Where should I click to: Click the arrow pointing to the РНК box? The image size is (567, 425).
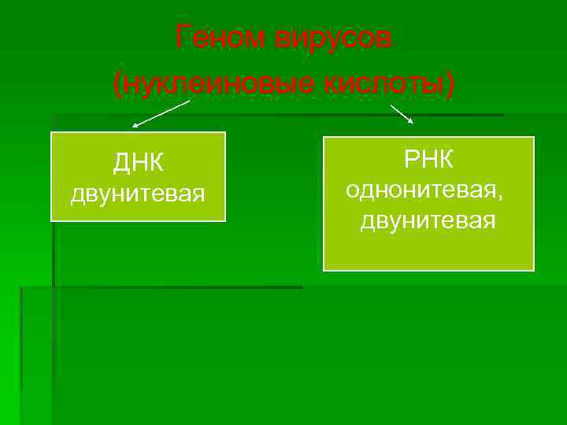402,114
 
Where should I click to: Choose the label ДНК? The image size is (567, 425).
138,163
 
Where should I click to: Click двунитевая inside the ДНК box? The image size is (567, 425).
138,193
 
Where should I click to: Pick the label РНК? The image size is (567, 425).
428,160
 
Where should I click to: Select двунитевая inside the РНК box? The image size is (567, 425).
428,221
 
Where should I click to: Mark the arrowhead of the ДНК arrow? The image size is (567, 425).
135,125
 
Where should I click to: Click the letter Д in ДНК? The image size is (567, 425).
120,164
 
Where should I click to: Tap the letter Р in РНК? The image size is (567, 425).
411,160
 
